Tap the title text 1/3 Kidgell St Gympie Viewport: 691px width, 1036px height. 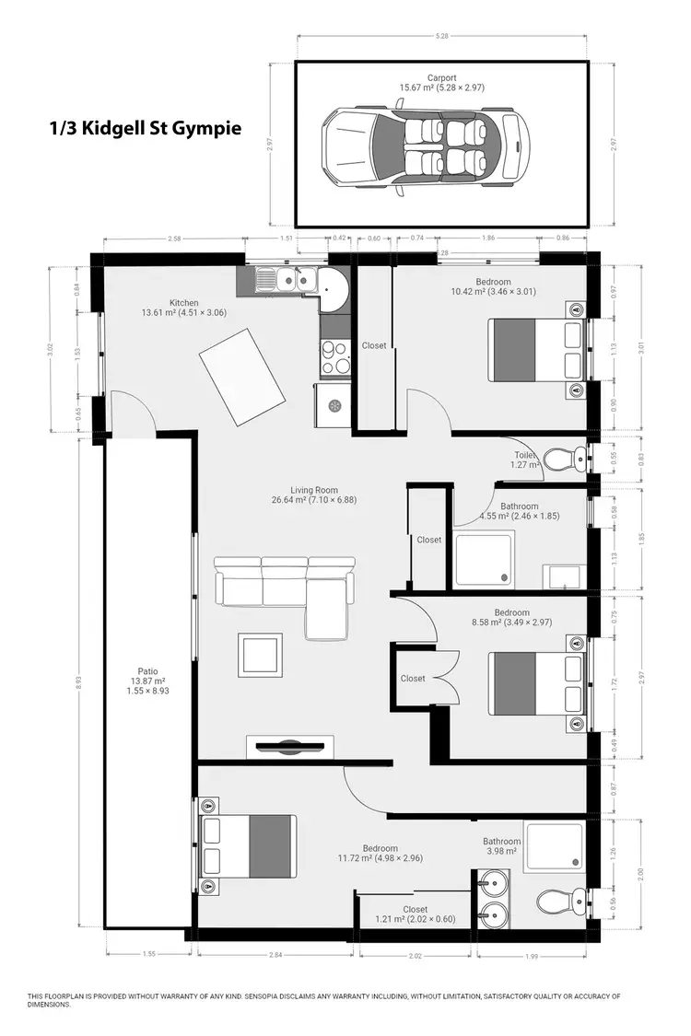tap(146, 128)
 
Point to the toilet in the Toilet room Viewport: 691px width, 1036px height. tap(564, 458)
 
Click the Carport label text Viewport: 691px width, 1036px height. tap(440, 77)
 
